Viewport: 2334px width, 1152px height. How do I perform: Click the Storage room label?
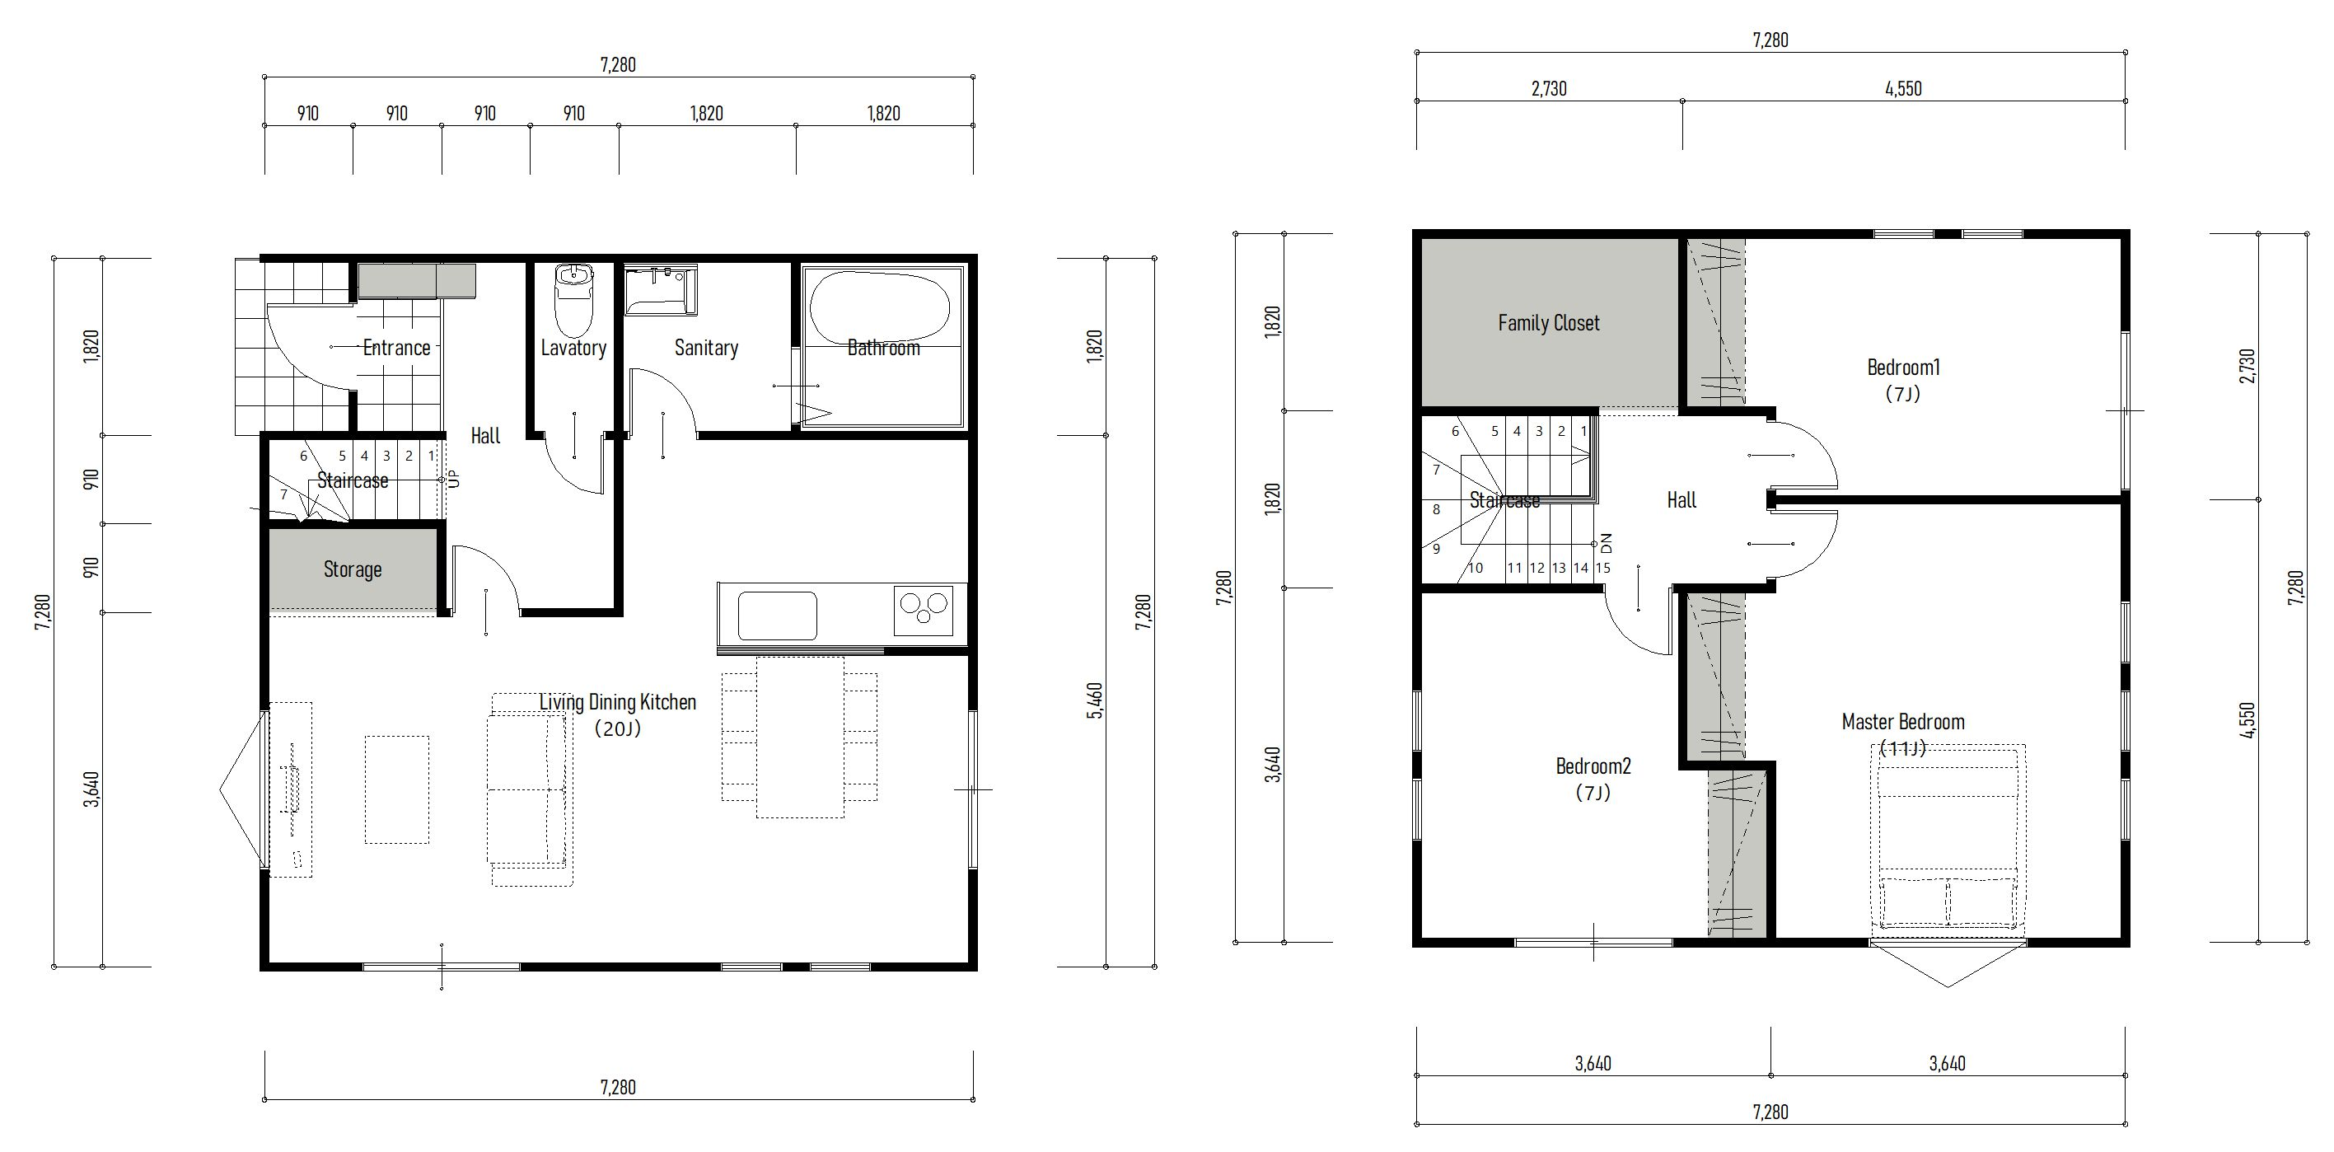pyautogui.click(x=353, y=569)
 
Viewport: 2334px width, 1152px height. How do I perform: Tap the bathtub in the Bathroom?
pyautogui.click(x=880, y=308)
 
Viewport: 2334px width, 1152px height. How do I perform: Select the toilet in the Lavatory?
pyautogui.click(x=573, y=300)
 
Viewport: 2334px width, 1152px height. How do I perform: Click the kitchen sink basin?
pyautogui.click(x=778, y=616)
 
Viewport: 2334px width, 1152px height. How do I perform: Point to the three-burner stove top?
pyautogui.click(x=924, y=610)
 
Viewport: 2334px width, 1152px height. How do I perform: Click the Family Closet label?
pyautogui.click(x=1549, y=323)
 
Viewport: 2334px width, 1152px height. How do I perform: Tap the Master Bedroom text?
pyautogui.click(x=1903, y=722)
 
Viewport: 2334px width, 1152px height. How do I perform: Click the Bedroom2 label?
pyautogui.click(x=1593, y=766)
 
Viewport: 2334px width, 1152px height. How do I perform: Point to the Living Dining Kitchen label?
pyautogui.click(x=618, y=701)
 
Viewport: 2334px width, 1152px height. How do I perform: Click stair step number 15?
pyautogui.click(x=1602, y=569)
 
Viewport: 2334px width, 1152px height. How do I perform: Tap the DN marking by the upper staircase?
pyautogui.click(x=1607, y=543)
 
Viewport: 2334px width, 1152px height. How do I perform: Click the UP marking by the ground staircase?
pyautogui.click(x=455, y=478)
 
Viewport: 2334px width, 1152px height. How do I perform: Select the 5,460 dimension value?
pyautogui.click(x=1095, y=700)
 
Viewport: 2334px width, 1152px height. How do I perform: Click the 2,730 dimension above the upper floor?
pyautogui.click(x=1549, y=89)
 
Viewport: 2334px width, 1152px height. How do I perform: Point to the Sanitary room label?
pyautogui.click(x=706, y=347)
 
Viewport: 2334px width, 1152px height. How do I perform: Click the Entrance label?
pyautogui.click(x=396, y=347)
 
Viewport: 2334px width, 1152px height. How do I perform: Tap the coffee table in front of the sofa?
pyautogui.click(x=397, y=789)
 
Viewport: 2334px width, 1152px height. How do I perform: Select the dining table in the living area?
pyautogui.click(x=800, y=737)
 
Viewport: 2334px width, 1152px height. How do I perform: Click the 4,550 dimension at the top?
pyautogui.click(x=1903, y=89)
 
